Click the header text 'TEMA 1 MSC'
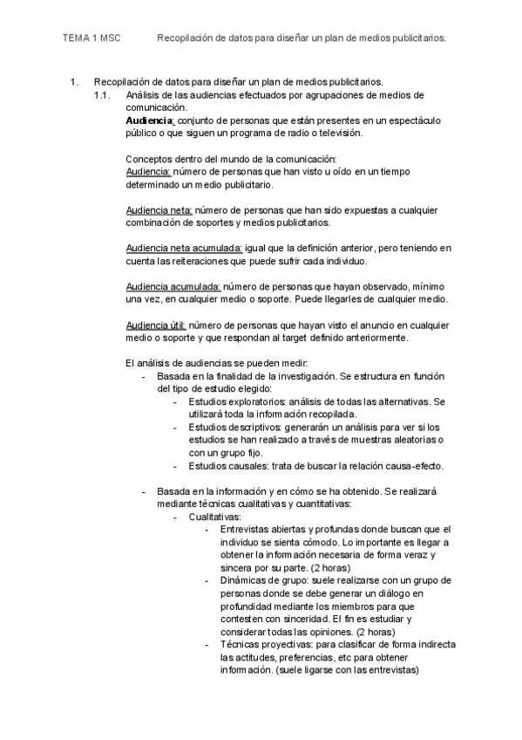92,38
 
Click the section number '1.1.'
103,95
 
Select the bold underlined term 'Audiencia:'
150,120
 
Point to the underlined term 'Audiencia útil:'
156,325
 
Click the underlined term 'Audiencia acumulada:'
173,286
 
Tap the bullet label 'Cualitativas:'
216,517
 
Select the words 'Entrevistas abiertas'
261,530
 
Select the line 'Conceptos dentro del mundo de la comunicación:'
231,159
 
